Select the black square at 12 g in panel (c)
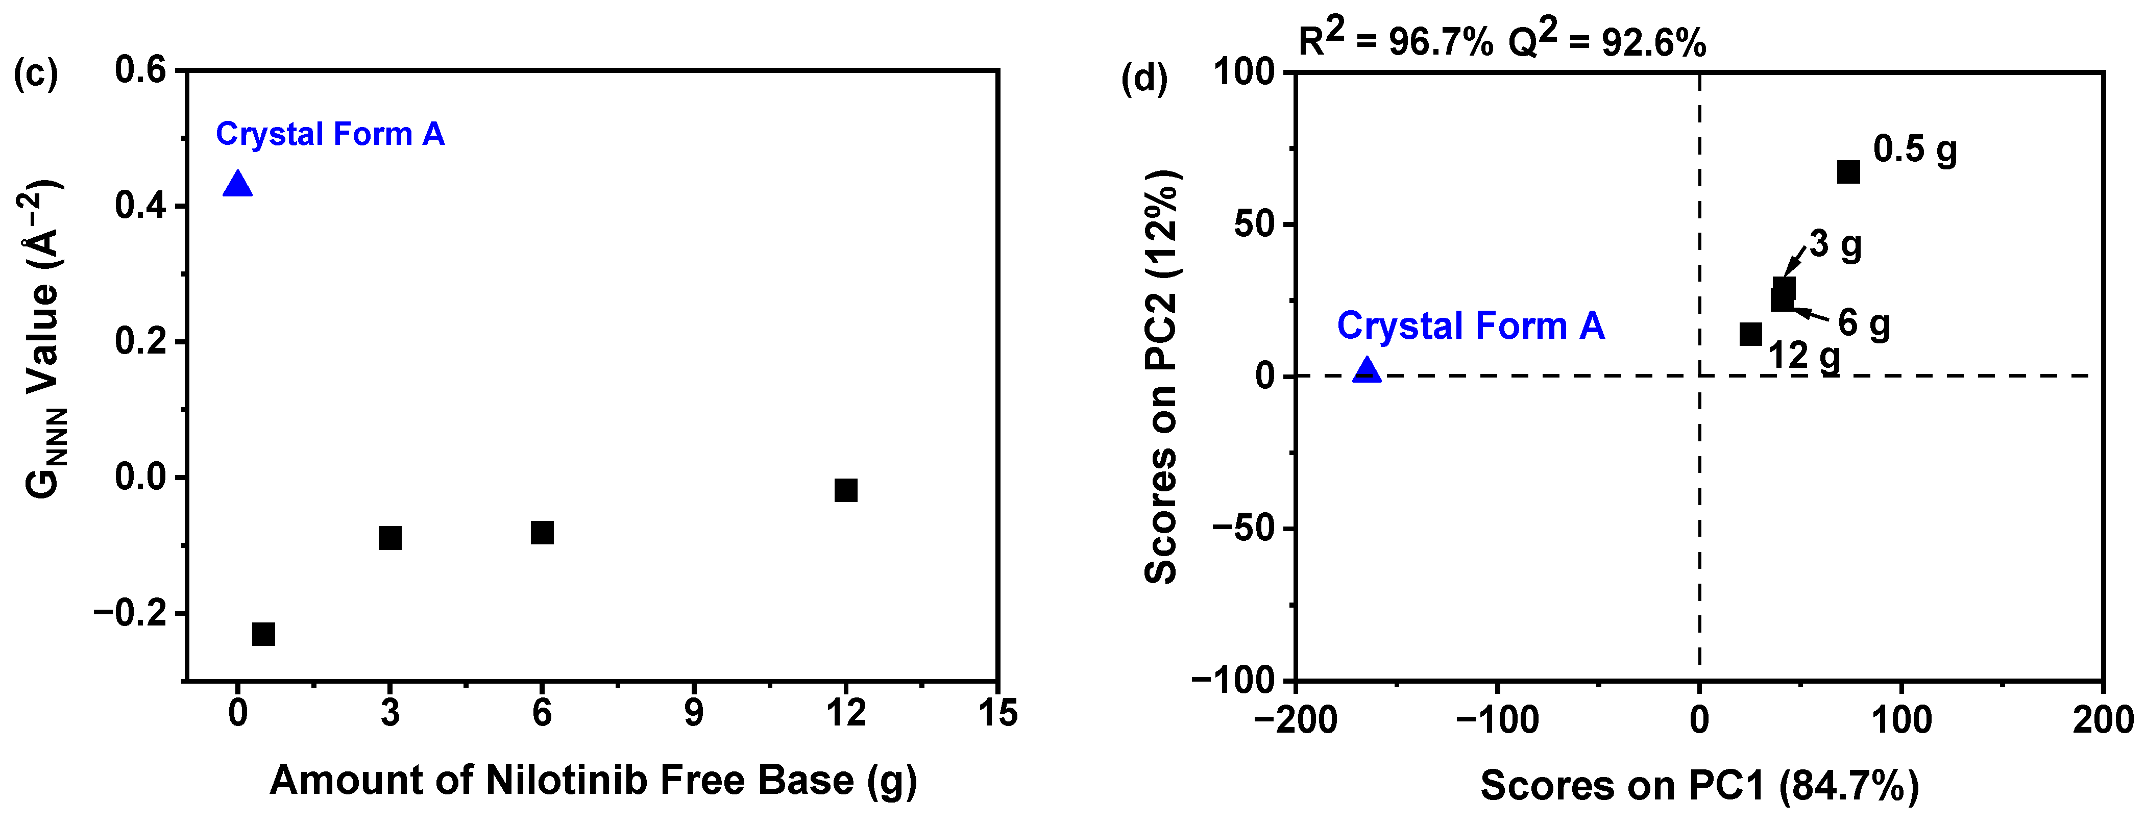pos(845,490)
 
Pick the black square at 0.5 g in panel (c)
pos(263,634)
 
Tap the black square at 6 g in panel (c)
pos(542,532)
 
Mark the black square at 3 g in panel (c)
pos(390,537)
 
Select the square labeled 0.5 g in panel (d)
pos(1848,171)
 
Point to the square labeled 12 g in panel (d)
pos(1751,334)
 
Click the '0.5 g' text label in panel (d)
pos(1914,150)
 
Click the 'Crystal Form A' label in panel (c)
pos(330,134)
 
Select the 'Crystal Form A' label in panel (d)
pos(1470,326)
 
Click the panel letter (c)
pos(36,73)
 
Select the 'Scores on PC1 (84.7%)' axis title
pos(1699,785)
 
